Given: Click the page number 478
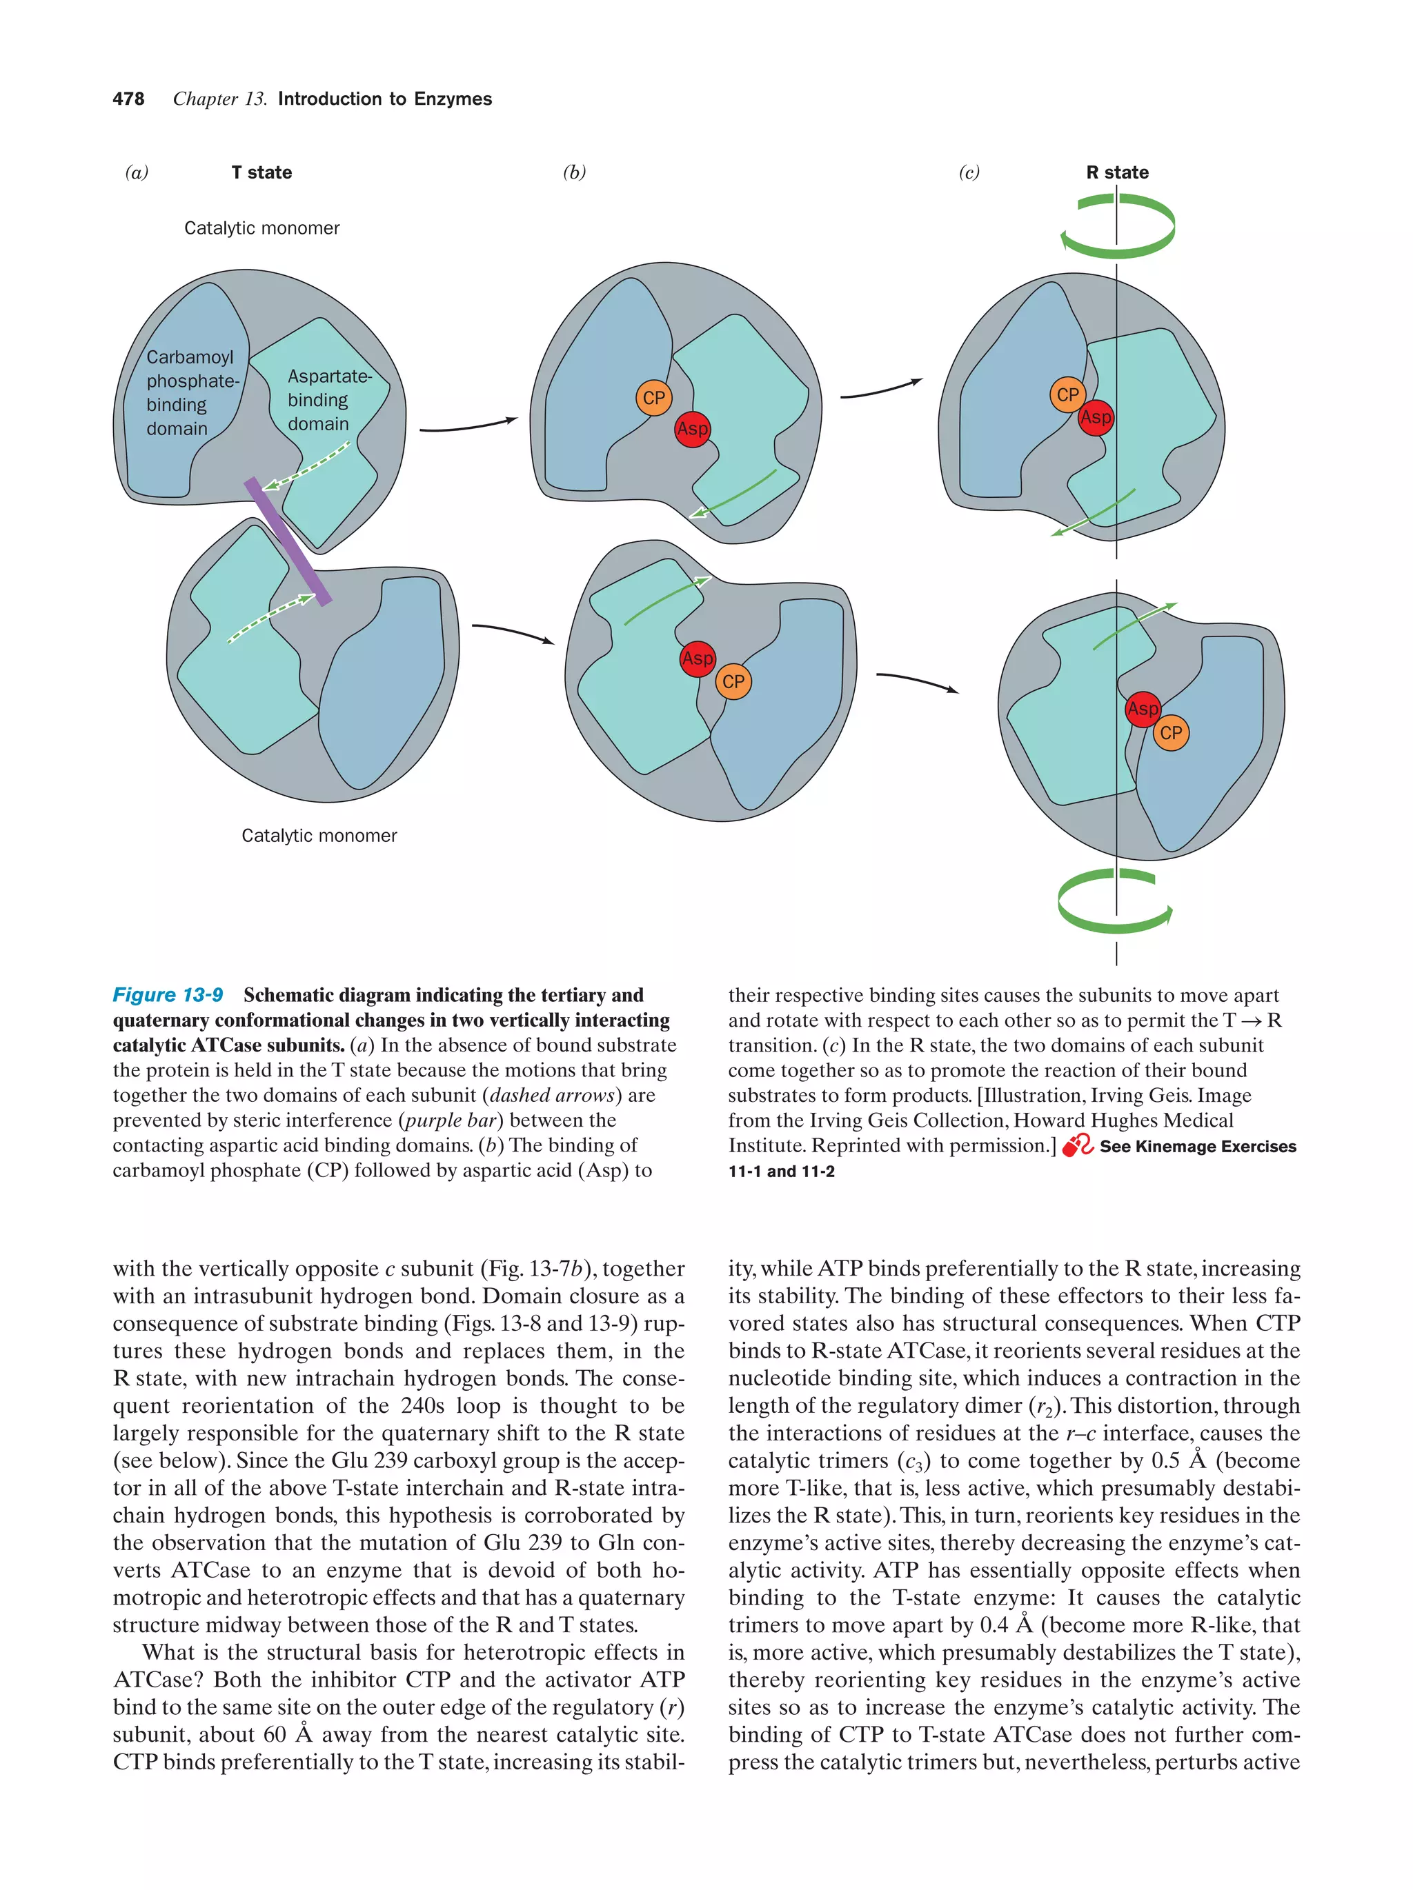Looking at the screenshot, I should pos(128,99).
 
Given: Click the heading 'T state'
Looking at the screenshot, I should pos(261,172).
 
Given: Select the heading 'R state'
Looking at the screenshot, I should pos(1116,172).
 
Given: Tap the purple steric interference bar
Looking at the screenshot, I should pos(287,542).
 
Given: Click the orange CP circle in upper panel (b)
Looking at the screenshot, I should pos(653,398).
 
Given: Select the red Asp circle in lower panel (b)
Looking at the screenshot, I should pos(697,659).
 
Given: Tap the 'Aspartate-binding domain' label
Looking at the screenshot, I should pos(328,400).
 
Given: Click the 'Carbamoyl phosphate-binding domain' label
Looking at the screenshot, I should pos(190,393).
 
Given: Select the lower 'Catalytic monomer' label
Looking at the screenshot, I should pos(319,836).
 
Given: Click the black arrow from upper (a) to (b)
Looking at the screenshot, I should pos(468,425).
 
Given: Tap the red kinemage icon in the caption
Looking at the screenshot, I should pos(1076,1146).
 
